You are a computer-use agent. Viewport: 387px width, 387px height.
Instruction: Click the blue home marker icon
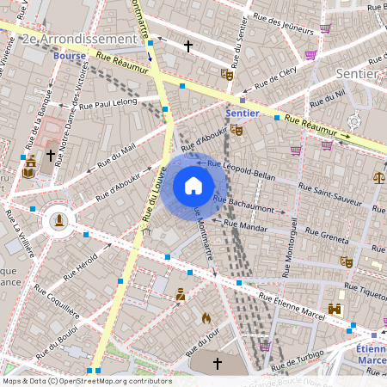[x=193, y=186]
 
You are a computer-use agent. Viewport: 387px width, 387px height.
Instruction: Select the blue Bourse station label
[x=69, y=57]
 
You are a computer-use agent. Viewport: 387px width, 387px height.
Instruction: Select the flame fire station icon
[x=206, y=317]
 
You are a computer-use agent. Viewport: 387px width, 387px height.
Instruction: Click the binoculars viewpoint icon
[x=335, y=310]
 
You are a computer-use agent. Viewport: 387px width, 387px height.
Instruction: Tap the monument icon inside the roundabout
[x=58, y=220]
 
